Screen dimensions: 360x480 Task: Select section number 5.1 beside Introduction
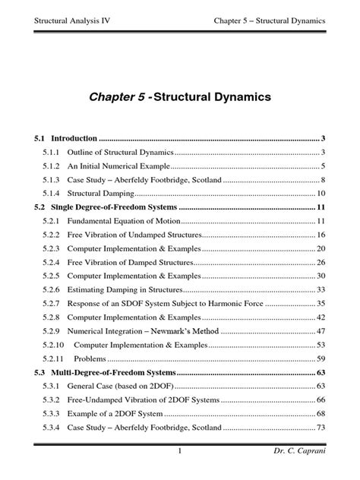(40, 138)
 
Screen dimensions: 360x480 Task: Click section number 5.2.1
(52, 220)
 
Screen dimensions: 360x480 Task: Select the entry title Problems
(90, 358)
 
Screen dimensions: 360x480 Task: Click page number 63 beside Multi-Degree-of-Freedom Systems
(321, 372)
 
